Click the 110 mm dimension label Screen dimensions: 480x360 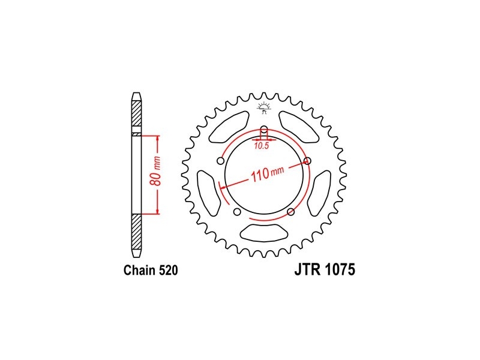click(x=268, y=174)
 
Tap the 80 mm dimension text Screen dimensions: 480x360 click(x=156, y=172)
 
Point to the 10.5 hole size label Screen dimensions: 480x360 click(x=261, y=146)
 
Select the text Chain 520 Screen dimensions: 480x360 click(x=151, y=271)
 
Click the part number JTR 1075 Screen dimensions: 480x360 click(x=325, y=269)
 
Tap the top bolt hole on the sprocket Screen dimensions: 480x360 click(x=264, y=128)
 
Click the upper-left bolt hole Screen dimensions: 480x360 click(x=220, y=161)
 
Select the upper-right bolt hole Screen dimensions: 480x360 click(x=308, y=161)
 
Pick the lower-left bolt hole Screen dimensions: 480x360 click(x=236, y=212)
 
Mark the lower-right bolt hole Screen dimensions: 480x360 click(x=291, y=212)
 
